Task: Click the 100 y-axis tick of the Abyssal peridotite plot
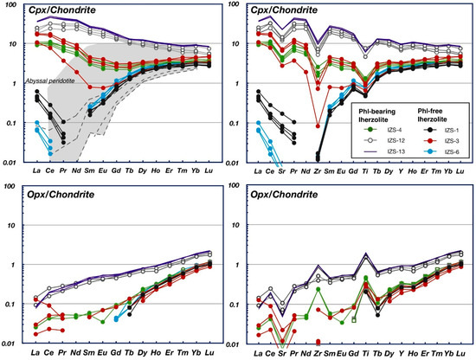tap(13, 5)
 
